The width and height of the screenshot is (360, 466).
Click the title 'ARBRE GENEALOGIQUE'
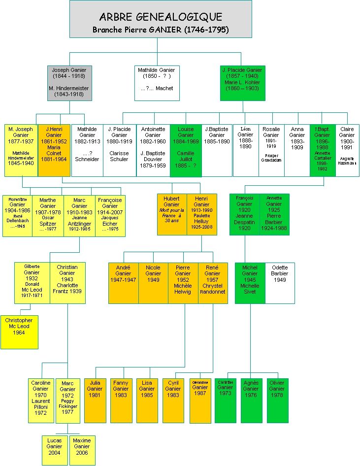161,18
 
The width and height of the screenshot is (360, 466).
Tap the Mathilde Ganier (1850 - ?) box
157,82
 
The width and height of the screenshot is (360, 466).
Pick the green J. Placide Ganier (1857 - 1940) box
242,82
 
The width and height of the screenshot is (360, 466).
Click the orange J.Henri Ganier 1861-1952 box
54,150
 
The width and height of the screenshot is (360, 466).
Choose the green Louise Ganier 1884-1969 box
186,150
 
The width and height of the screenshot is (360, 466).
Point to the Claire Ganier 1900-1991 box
347,150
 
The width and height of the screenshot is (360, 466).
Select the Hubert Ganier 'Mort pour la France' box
172,214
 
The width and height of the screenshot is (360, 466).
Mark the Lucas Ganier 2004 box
54,449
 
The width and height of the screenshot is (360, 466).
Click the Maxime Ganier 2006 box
82,449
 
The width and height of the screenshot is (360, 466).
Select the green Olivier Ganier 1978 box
277,400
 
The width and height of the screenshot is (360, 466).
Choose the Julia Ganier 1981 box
95,400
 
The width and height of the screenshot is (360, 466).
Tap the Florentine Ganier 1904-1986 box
17,215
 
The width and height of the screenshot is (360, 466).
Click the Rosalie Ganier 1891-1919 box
271,150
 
